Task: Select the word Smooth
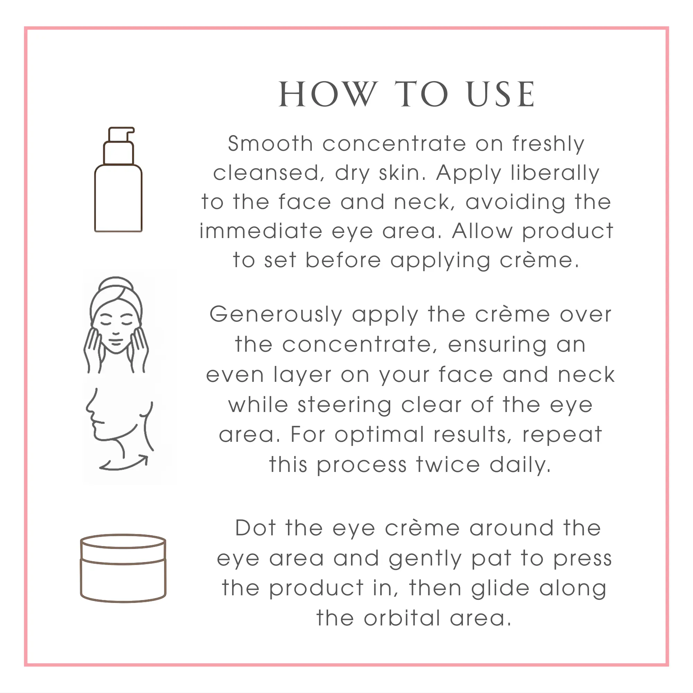(x=271, y=144)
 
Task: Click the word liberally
(x=555, y=174)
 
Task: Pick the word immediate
(x=261, y=231)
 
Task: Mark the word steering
(x=345, y=406)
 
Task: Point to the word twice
(x=448, y=465)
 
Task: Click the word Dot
(x=255, y=528)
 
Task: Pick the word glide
(x=500, y=589)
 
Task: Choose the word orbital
(x=402, y=619)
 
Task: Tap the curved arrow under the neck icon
(x=124, y=463)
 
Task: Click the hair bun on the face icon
(x=115, y=282)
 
